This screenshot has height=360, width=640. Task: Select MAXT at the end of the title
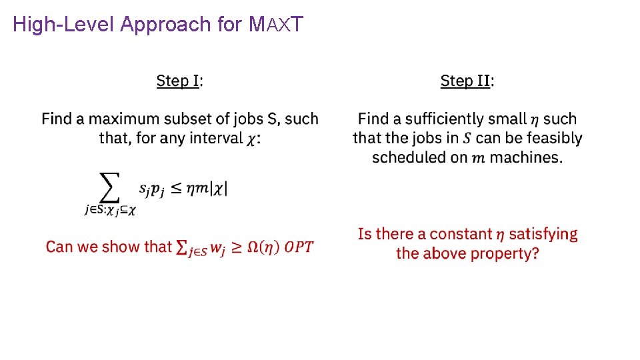pyautogui.click(x=275, y=25)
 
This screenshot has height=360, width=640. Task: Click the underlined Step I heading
pyautogui.click(x=178, y=81)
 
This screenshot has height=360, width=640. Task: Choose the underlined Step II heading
pyautogui.click(x=466, y=81)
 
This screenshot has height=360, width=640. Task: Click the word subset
pyautogui.click(x=192, y=119)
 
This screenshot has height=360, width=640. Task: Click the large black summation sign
pyautogui.click(x=109, y=187)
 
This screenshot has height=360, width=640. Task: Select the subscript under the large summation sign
pyautogui.click(x=110, y=210)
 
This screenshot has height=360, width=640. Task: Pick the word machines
pyautogui.click(x=531, y=158)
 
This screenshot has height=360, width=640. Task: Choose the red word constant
pyautogui.click(x=460, y=234)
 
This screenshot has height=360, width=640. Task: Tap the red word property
pyautogui.click(x=503, y=254)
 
